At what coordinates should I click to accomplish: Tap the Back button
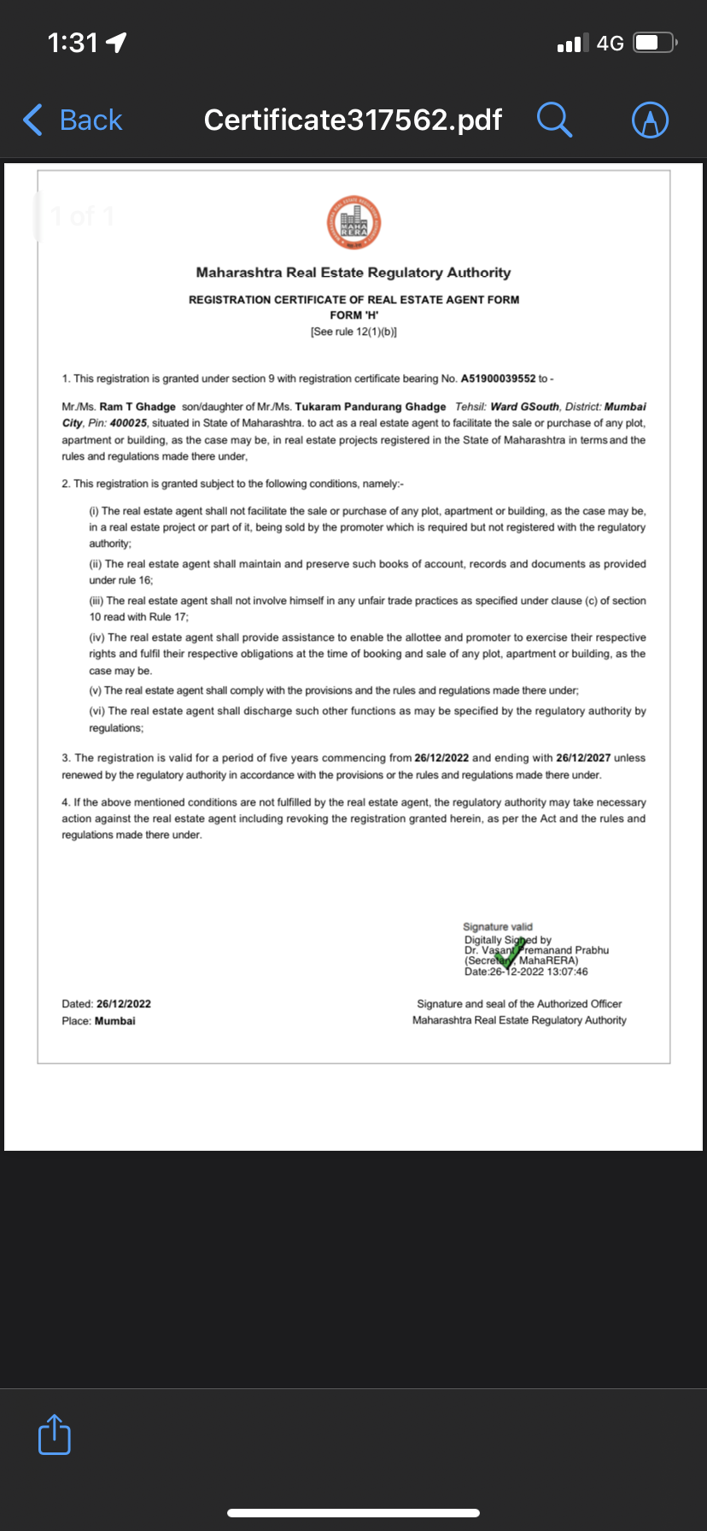[x=73, y=120]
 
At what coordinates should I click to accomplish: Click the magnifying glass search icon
[x=554, y=120]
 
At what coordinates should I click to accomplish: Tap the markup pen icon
[x=650, y=120]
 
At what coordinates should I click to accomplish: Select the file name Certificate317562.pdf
[x=353, y=120]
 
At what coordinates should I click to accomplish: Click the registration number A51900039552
[x=498, y=378]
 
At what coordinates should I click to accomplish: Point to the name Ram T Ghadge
[x=137, y=407]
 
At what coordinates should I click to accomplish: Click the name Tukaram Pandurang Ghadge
[x=371, y=407]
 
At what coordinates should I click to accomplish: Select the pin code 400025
[x=128, y=423]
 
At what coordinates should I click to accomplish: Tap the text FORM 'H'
[x=353, y=315]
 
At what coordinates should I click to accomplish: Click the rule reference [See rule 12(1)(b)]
[x=353, y=331]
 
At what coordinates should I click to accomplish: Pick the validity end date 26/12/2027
[x=583, y=758]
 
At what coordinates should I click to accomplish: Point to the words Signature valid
[x=497, y=926]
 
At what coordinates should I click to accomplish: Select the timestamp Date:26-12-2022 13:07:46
[x=526, y=971]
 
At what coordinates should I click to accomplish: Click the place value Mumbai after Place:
[x=115, y=1021]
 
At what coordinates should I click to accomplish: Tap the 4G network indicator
[x=610, y=43]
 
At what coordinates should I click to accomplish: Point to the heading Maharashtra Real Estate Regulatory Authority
[x=353, y=273]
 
